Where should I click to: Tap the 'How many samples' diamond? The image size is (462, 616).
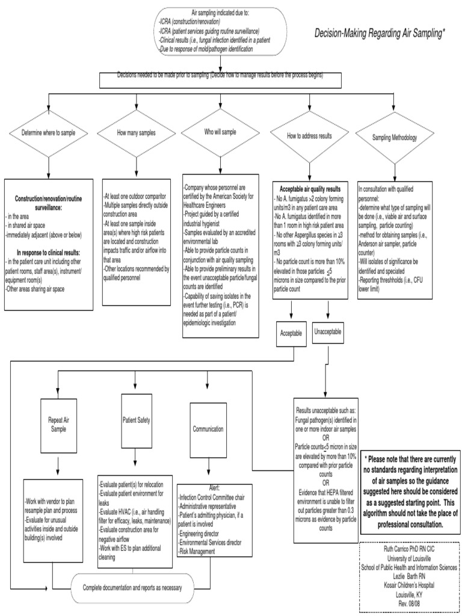(135, 133)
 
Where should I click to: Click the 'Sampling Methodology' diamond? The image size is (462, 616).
(395, 138)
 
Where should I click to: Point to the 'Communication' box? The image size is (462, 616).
(208, 430)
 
